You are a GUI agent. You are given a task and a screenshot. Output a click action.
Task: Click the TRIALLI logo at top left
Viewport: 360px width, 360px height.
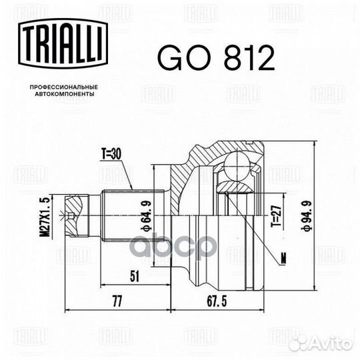[63, 43]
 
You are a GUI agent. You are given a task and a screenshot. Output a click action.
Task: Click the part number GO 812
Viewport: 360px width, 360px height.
[216, 57]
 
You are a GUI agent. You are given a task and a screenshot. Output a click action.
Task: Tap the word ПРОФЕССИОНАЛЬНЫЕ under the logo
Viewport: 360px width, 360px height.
[64, 87]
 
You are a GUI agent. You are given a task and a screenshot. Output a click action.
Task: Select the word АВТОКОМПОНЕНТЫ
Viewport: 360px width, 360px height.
[65, 94]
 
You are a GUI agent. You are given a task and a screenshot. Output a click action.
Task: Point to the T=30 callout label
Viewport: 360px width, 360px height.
[111, 154]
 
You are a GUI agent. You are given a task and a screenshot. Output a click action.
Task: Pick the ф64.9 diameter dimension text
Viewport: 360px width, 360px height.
[147, 216]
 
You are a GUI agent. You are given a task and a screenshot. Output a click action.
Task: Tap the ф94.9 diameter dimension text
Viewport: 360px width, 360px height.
[307, 216]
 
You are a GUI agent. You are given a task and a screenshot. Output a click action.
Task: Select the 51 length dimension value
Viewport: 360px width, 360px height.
[135, 276]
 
